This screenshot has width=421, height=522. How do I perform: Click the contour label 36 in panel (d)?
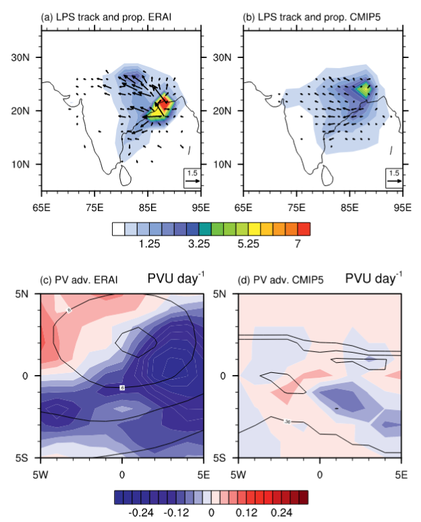(288, 422)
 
